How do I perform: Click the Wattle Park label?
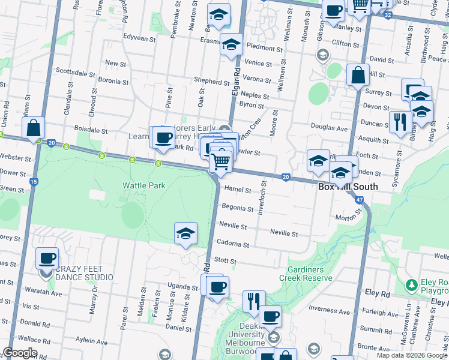(x=144, y=186)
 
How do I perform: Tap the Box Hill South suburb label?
(x=348, y=187)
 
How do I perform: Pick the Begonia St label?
(x=238, y=209)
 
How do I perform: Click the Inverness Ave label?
(x=329, y=310)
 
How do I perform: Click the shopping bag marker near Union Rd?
(x=33, y=128)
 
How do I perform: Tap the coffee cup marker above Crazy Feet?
(x=47, y=259)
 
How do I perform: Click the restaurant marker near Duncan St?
(x=399, y=122)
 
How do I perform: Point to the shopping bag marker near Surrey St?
(x=358, y=76)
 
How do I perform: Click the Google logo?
(x=20, y=353)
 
